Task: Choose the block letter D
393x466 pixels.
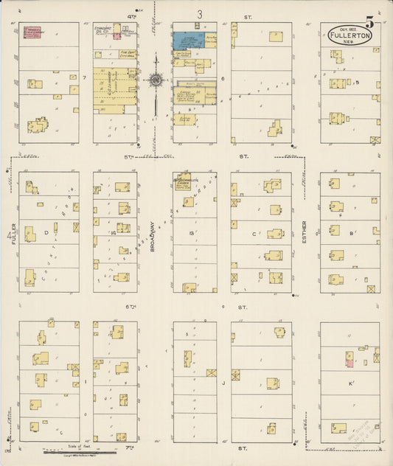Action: [46, 232]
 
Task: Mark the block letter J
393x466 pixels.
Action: [223, 383]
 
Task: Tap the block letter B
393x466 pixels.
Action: [352, 232]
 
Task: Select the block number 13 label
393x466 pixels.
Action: [191, 233]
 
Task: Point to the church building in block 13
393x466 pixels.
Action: [183, 181]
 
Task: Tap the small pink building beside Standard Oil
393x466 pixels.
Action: [116, 36]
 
